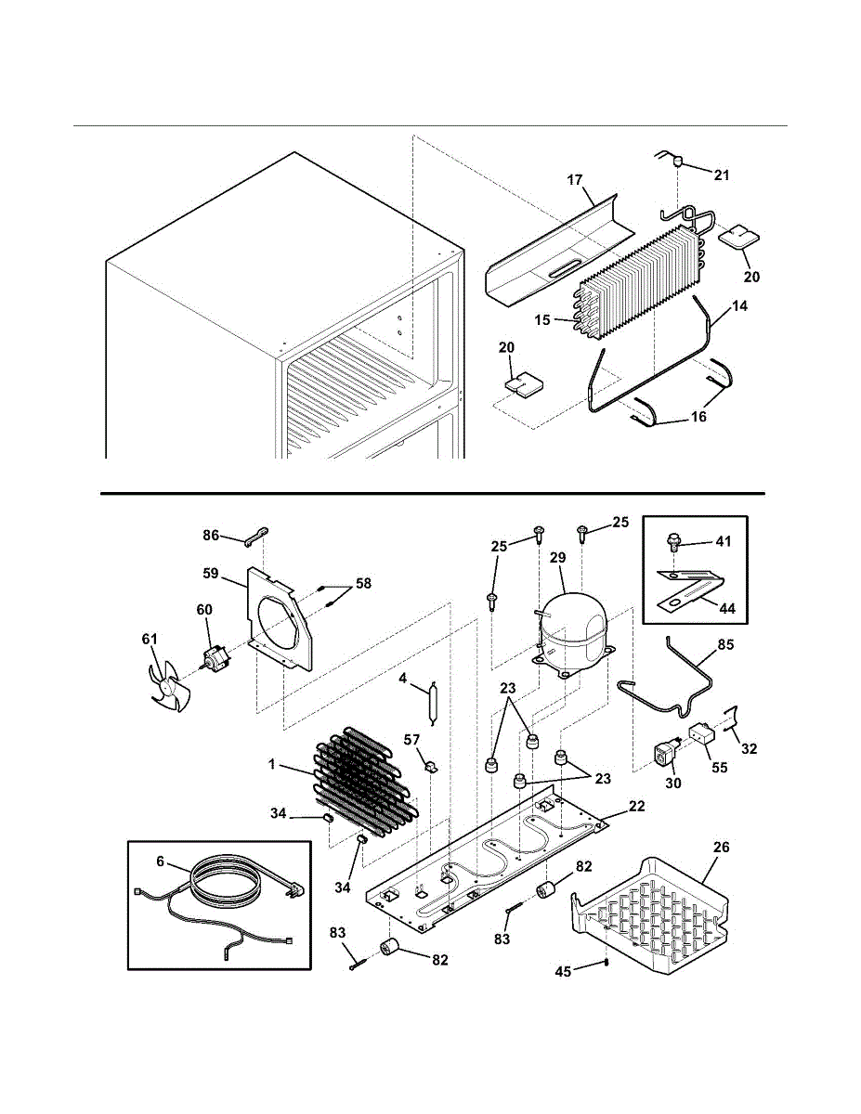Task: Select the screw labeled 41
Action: pyautogui.click(x=675, y=541)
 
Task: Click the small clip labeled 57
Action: pyautogui.click(x=432, y=766)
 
